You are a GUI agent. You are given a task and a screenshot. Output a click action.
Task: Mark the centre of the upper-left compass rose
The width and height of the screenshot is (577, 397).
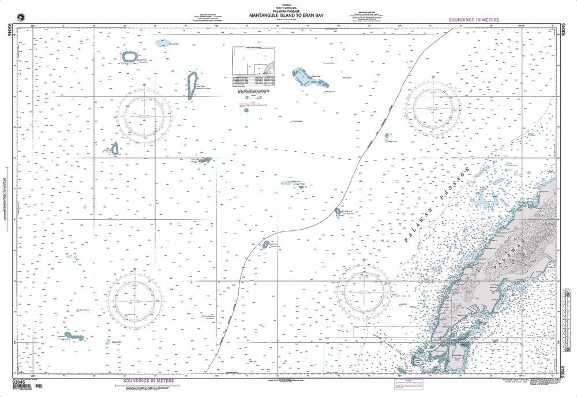(144, 116)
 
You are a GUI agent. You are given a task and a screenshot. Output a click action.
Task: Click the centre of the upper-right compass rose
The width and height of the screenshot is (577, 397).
(433, 107)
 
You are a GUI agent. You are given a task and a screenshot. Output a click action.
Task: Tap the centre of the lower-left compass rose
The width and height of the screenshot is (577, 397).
(134, 297)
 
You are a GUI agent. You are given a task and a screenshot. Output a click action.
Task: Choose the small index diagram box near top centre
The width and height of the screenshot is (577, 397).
(254, 62)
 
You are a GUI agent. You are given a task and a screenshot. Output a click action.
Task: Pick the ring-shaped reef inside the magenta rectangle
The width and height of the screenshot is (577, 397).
(129, 57)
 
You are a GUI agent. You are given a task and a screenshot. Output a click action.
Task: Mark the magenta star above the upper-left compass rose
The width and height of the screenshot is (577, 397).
(144, 85)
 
